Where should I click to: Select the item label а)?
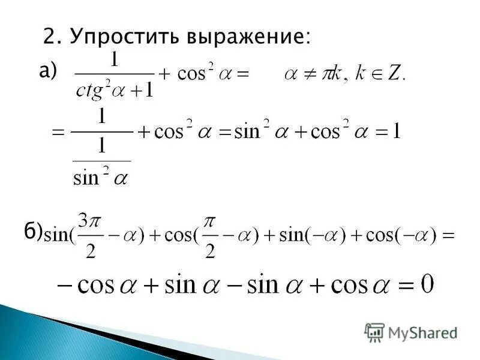pyautogui.click(x=47, y=72)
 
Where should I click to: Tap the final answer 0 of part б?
pyautogui.click(x=427, y=283)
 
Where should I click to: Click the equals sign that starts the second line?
pyautogui.click(x=58, y=132)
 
